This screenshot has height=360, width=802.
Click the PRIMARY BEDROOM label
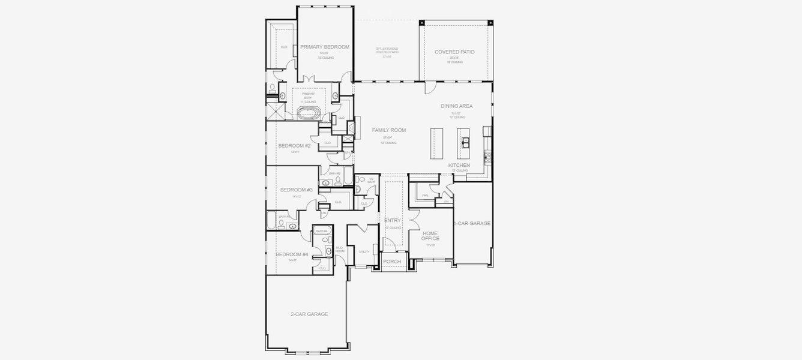(325, 47)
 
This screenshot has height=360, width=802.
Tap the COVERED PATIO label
(454, 52)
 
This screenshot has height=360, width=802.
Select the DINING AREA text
(457, 106)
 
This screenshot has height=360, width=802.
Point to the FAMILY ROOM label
(389, 130)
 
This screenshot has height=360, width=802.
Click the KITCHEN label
(459, 165)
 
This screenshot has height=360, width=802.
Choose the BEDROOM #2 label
(294, 146)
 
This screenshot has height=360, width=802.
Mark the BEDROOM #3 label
(297, 190)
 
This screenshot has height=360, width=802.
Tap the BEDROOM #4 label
(292, 254)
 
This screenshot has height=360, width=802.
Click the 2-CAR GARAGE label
(309, 314)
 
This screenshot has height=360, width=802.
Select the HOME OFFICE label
(430, 236)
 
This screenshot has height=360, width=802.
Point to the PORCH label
(392, 262)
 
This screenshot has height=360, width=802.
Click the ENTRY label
(393, 221)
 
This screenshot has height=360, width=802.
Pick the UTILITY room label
(364, 251)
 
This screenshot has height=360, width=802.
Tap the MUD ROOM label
(340, 249)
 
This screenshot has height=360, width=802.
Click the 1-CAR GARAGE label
(473, 223)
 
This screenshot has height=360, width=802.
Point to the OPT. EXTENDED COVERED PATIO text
(387, 52)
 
